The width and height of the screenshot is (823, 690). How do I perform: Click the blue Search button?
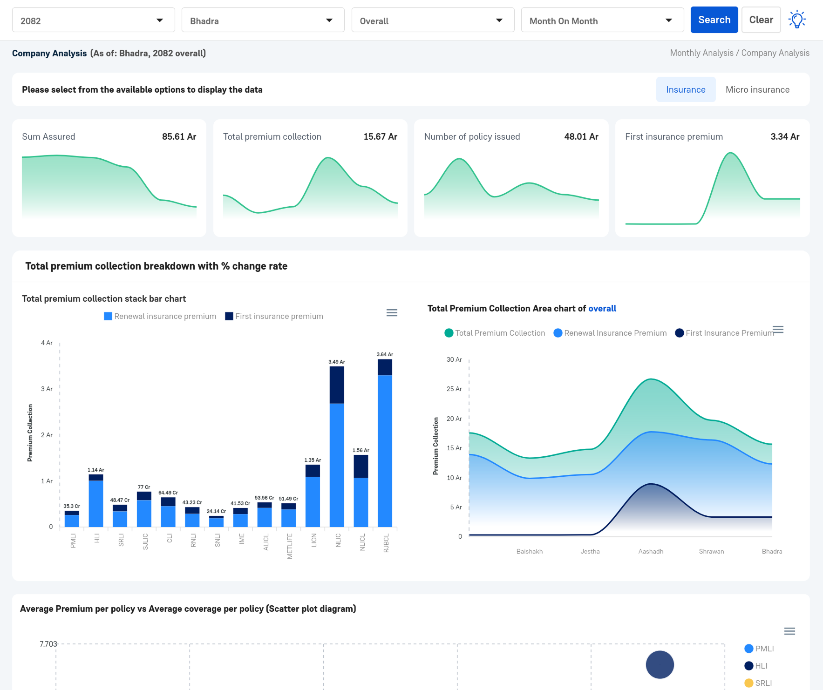[x=714, y=20]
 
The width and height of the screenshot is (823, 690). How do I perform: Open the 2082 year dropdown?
[x=93, y=20]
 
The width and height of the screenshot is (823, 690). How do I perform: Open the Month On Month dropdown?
[x=602, y=20]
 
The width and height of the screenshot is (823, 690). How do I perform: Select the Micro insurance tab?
[x=757, y=89]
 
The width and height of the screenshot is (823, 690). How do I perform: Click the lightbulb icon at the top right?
[x=796, y=20]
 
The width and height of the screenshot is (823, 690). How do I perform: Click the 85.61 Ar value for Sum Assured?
[x=179, y=136]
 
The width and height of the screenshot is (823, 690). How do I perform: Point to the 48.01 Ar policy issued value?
[x=581, y=136]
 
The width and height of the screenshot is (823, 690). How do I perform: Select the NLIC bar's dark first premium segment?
[x=337, y=385]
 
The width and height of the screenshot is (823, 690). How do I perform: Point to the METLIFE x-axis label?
[x=290, y=546]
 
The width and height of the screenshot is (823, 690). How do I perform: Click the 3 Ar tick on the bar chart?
[x=47, y=389]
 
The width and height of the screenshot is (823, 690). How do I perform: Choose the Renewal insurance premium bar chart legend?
[x=160, y=316]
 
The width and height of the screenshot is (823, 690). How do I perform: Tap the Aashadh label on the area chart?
[x=650, y=551]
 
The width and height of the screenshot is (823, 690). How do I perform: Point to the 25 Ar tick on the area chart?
[x=454, y=389]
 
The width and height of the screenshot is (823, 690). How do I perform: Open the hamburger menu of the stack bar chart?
[x=392, y=313]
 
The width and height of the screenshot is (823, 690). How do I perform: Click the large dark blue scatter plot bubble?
[x=660, y=664]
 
